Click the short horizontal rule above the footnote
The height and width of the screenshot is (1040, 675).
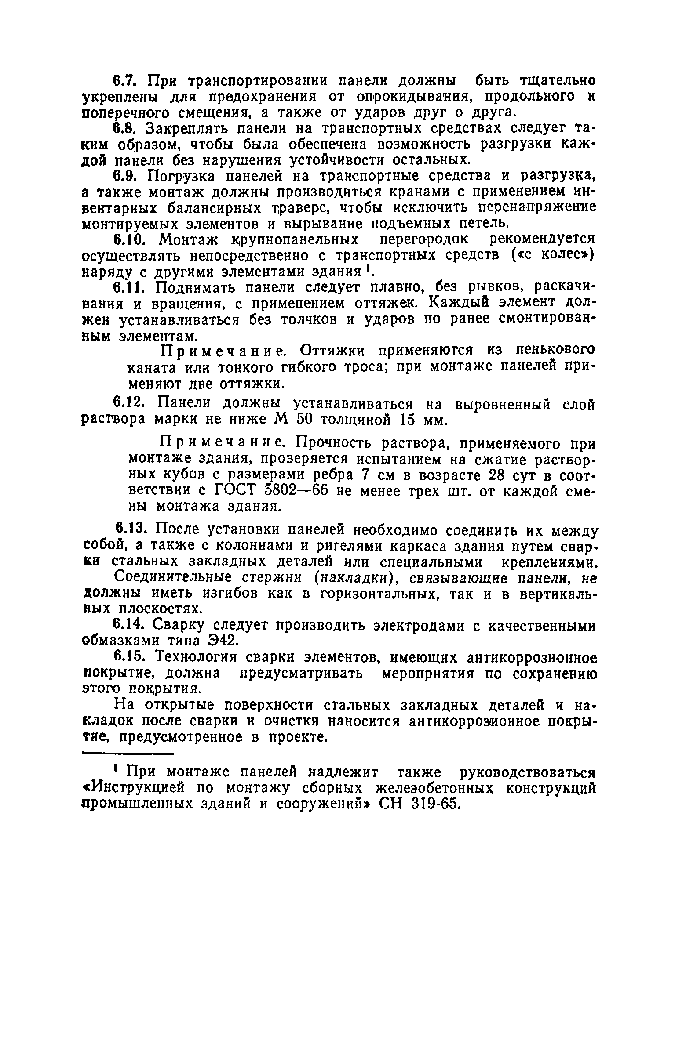pyautogui.click(x=129, y=755)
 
